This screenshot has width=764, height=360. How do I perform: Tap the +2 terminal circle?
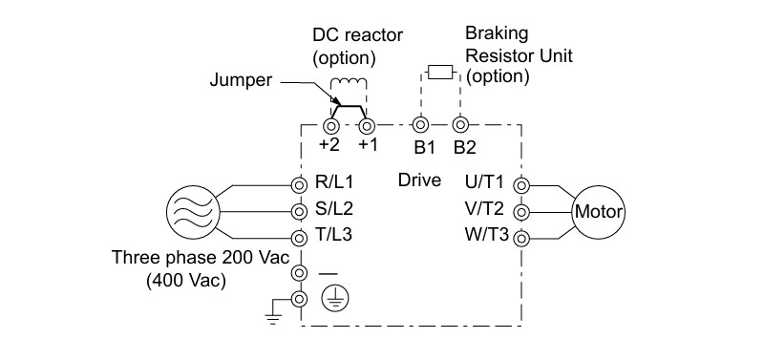coord(331,126)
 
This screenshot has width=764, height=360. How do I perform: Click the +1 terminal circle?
coord(367,126)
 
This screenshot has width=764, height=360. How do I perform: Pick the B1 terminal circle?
coord(420,125)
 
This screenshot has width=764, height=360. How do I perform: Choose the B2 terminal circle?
coord(459,125)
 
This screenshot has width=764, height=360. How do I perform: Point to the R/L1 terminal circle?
coord(299,185)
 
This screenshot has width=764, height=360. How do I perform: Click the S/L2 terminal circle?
coord(299,211)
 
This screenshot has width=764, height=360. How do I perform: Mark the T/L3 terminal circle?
coord(299,238)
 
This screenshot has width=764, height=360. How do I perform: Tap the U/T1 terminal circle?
coord(521,185)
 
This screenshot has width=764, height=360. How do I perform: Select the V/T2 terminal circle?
coord(521,212)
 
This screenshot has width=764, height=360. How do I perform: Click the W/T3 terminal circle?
coord(521,239)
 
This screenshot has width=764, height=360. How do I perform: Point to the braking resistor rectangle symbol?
coord(440,74)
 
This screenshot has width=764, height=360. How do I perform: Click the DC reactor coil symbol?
coord(349,84)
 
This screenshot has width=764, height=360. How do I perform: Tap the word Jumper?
coord(241,80)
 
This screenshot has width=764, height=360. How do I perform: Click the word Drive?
coord(419,180)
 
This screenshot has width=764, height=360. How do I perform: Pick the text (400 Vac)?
coord(186,281)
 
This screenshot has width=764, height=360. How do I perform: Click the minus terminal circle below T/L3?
coord(299,272)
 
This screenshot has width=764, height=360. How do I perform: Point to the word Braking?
coord(497,34)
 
